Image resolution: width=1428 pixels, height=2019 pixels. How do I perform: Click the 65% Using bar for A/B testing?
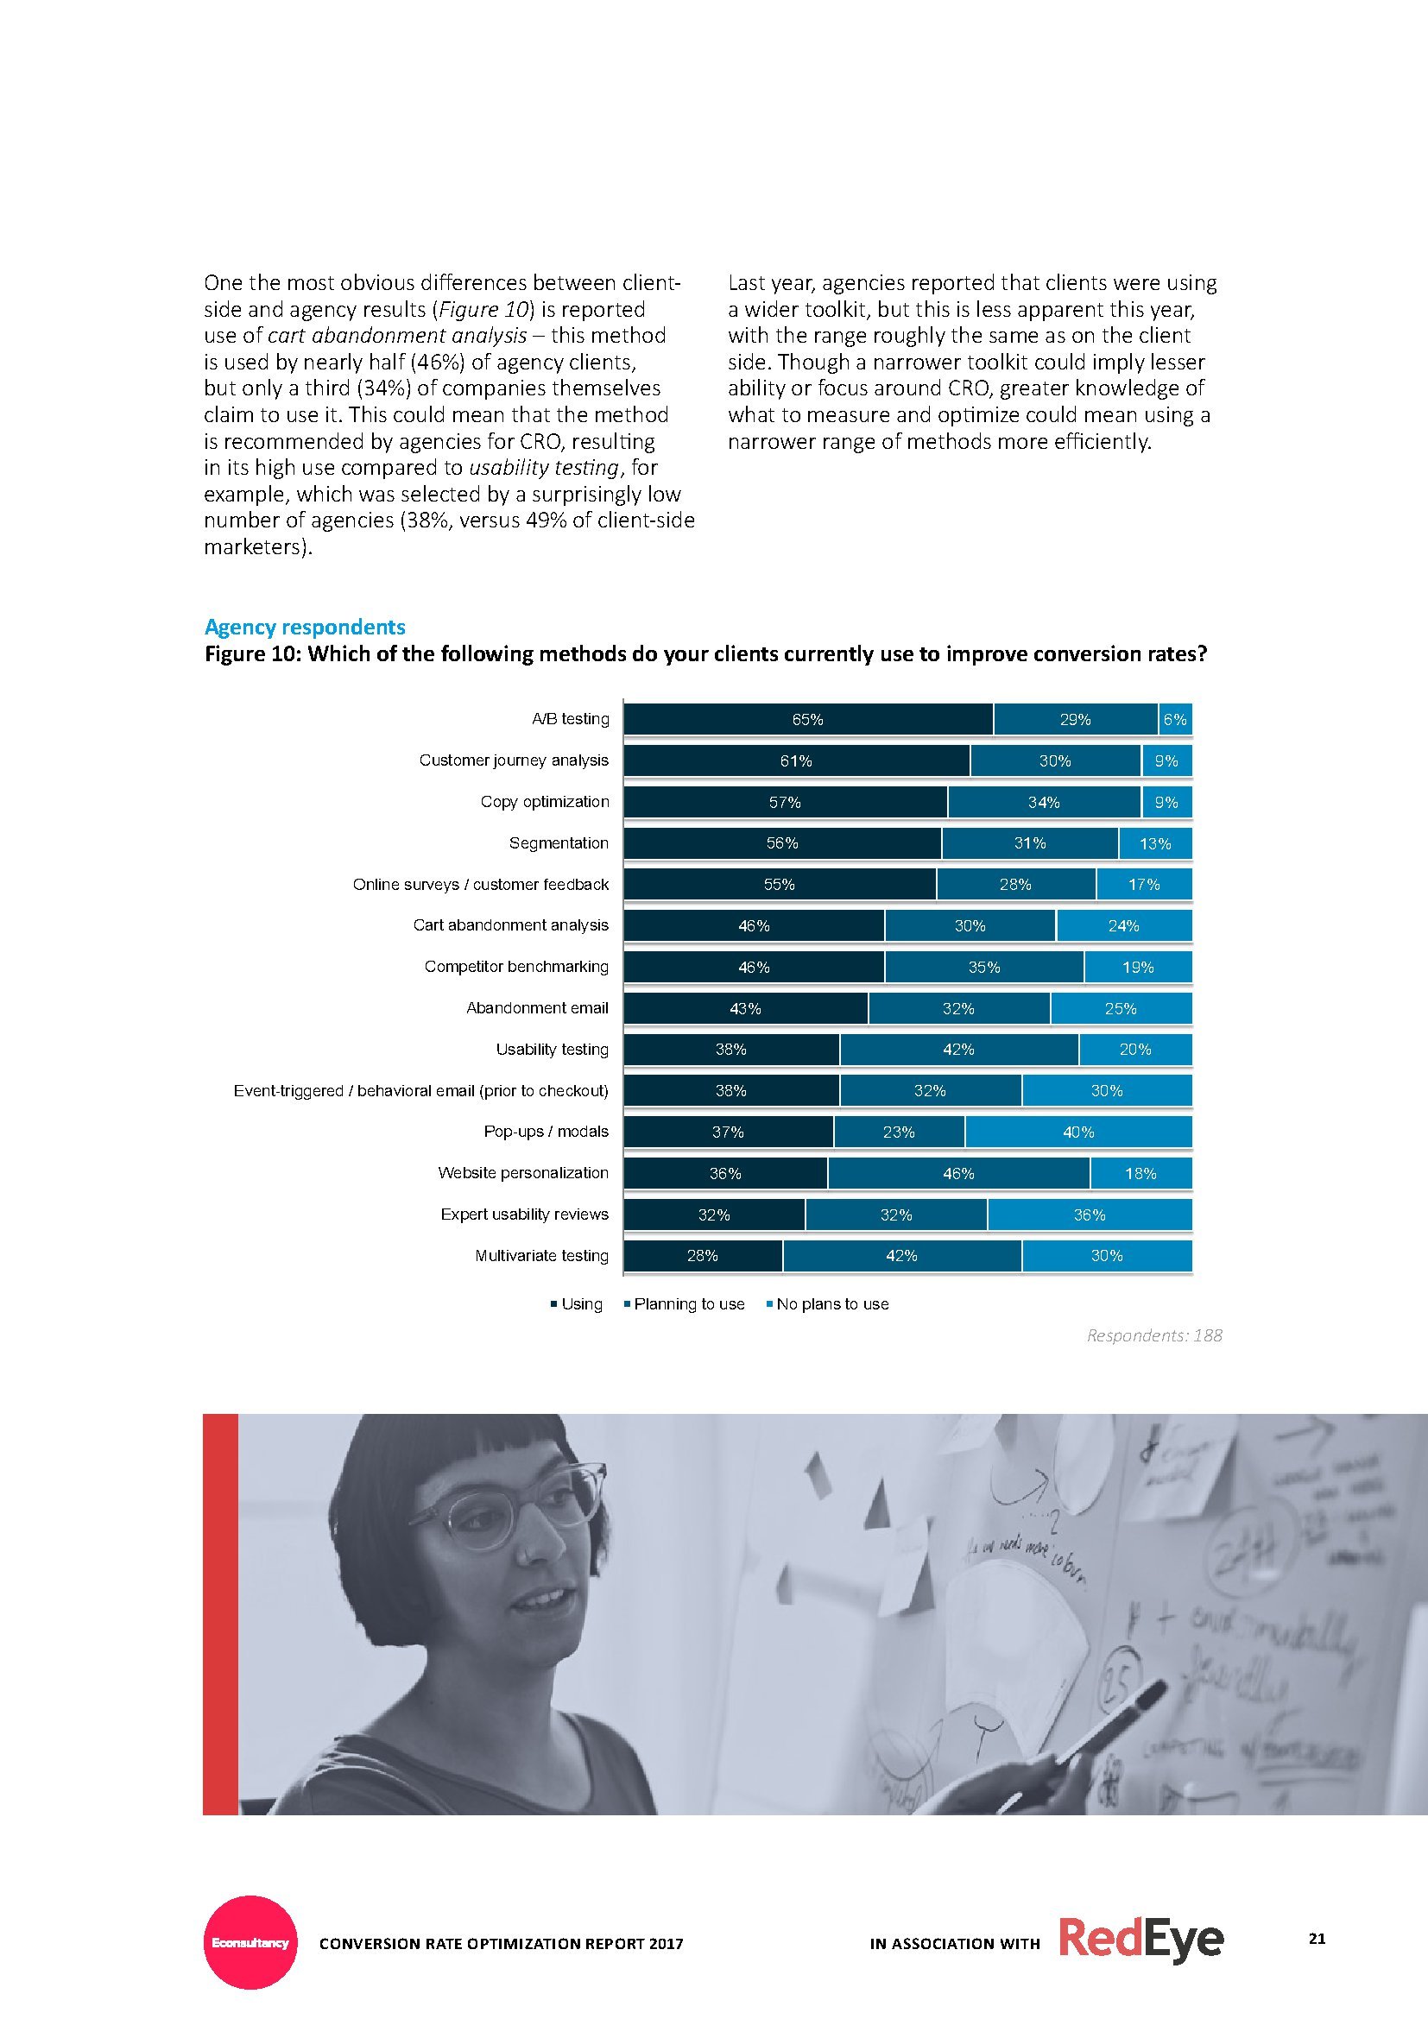(x=808, y=719)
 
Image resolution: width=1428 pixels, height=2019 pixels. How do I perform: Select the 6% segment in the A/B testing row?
(x=1175, y=719)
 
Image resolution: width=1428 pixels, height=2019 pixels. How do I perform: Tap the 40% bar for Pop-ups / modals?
(x=1078, y=1132)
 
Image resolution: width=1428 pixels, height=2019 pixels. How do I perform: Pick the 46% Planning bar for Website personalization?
(x=957, y=1173)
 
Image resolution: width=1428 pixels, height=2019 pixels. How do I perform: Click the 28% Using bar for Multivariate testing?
(x=703, y=1256)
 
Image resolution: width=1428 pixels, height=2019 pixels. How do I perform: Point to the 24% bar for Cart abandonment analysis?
(x=1124, y=926)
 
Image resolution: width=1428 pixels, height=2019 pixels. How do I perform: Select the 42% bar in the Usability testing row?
(x=957, y=1049)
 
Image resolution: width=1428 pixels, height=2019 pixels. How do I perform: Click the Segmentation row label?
(x=559, y=843)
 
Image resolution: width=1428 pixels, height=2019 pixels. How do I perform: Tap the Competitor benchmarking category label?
(x=516, y=967)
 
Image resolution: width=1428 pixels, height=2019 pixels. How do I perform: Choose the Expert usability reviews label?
(x=524, y=1215)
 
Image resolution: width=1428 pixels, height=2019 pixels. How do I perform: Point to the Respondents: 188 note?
(x=1153, y=1334)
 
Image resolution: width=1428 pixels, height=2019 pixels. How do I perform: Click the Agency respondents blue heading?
(x=305, y=627)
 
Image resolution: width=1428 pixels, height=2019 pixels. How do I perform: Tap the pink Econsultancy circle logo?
(x=250, y=1941)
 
